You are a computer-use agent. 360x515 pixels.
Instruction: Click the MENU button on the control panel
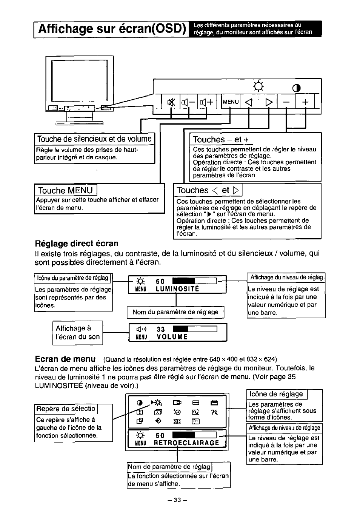pos(231,102)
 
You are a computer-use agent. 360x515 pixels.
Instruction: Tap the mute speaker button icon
pos(171,102)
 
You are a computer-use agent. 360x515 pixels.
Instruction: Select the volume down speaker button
pos(188,102)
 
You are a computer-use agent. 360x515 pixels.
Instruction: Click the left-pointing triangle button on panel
pos(248,102)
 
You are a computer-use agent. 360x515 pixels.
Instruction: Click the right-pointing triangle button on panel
pos(268,102)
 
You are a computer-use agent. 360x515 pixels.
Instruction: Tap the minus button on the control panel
pos(287,102)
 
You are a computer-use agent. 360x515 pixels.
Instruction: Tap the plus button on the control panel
pos(305,102)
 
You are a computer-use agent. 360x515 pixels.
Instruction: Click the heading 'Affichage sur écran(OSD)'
pos(112,29)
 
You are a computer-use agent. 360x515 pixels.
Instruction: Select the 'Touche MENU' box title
pos(65,190)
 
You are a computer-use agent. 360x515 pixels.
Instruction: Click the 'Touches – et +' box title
pos(221,139)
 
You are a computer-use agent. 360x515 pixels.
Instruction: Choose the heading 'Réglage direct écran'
pos(77,243)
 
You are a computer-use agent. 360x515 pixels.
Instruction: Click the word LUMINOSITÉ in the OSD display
pos(177,289)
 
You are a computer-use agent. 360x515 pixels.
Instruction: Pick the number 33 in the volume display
pos(161,329)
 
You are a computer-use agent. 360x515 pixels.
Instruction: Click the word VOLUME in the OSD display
pos(172,337)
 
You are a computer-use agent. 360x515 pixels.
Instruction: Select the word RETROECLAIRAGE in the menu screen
pos(186,443)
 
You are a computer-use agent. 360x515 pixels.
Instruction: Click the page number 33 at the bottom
pos(177,500)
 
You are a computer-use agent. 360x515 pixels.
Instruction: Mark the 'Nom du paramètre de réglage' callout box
pos(175,312)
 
